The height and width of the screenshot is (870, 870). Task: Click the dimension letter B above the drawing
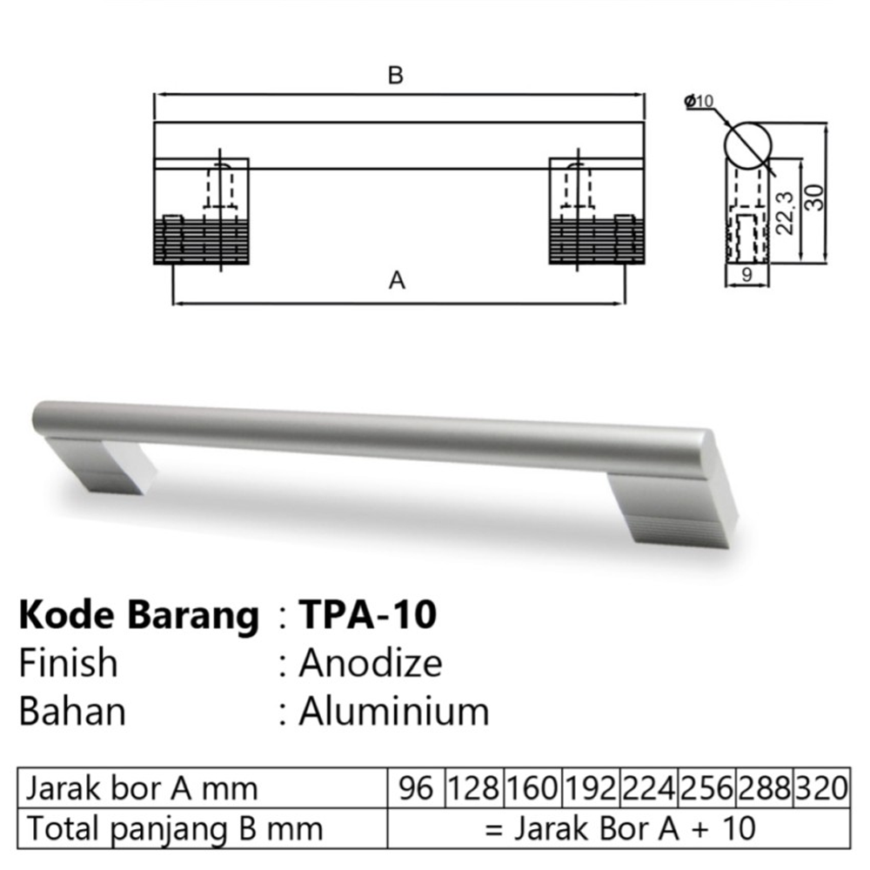click(x=395, y=76)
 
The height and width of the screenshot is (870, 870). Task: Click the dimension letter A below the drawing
click(x=397, y=282)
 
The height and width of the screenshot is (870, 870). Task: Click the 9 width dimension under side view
click(x=747, y=277)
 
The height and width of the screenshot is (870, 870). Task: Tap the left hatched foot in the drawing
click(x=201, y=241)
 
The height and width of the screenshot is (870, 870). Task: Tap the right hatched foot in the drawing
click(x=594, y=241)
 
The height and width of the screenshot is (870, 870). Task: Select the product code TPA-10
click(x=367, y=615)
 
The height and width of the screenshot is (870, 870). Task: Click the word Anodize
click(x=371, y=664)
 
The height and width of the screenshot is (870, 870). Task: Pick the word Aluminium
click(x=394, y=712)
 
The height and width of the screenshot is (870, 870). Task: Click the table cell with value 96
click(x=416, y=788)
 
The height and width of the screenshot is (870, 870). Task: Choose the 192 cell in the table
click(x=591, y=788)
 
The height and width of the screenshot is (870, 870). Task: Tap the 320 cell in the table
click(x=820, y=788)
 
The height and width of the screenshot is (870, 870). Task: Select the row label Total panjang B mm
click(x=174, y=828)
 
